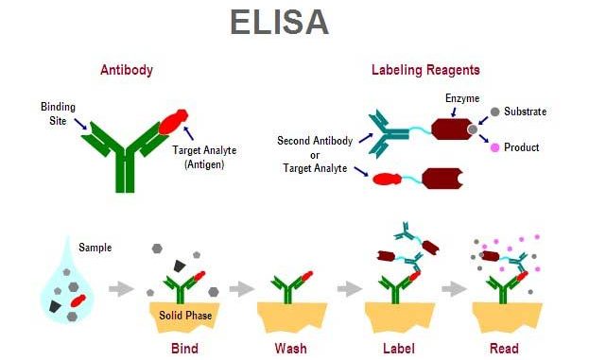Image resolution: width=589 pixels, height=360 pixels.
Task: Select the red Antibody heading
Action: pyautogui.click(x=127, y=70)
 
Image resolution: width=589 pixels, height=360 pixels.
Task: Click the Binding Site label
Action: pyautogui.click(x=58, y=113)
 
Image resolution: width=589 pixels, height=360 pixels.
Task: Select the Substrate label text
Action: pyautogui.click(x=526, y=111)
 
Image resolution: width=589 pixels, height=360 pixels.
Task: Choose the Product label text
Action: pyautogui.click(x=521, y=147)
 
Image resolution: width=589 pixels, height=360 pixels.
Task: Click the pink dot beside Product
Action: pyautogui.click(x=494, y=147)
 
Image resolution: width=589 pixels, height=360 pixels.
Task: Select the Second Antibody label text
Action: pyautogui.click(x=315, y=141)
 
